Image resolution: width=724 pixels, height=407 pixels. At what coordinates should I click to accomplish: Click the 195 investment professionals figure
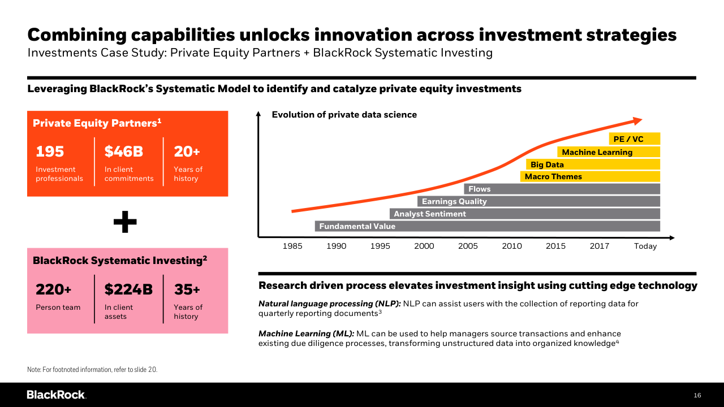(x=50, y=151)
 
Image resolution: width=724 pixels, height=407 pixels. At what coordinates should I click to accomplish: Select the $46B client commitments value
(x=124, y=151)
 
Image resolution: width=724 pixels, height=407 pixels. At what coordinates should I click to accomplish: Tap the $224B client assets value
(x=128, y=289)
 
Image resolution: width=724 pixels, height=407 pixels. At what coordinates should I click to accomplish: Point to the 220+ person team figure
(x=54, y=289)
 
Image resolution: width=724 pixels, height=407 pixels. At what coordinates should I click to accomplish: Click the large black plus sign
(x=125, y=222)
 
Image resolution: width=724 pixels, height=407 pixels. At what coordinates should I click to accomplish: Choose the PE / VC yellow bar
(x=635, y=139)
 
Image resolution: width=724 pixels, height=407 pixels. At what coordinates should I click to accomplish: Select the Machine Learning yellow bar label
(x=597, y=152)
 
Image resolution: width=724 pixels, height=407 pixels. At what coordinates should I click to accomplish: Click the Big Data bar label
(x=547, y=164)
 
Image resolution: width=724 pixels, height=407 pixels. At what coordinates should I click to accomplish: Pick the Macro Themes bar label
(x=553, y=176)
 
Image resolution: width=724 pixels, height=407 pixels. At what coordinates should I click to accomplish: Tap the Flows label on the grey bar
(x=480, y=189)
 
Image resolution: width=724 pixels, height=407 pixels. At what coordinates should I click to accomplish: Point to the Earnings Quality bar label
(x=454, y=201)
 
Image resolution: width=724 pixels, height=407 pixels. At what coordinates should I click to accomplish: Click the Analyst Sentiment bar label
(x=430, y=214)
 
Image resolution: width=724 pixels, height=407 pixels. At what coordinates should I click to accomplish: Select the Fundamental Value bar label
(x=357, y=226)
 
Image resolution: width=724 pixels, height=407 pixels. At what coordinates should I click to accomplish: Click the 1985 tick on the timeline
(x=292, y=246)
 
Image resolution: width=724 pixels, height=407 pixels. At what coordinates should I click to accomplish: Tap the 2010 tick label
(x=512, y=246)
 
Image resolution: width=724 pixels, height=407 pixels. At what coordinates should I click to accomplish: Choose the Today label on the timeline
(x=645, y=246)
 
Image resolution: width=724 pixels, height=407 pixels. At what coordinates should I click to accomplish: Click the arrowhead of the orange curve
(x=638, y=120)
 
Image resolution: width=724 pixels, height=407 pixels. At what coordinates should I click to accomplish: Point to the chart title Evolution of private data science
(x=344, y=115)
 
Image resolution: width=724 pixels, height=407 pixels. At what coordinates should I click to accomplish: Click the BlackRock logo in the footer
(x=56, y=395)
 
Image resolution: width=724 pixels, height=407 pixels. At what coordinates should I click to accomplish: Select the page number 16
(x=697, y=395)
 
